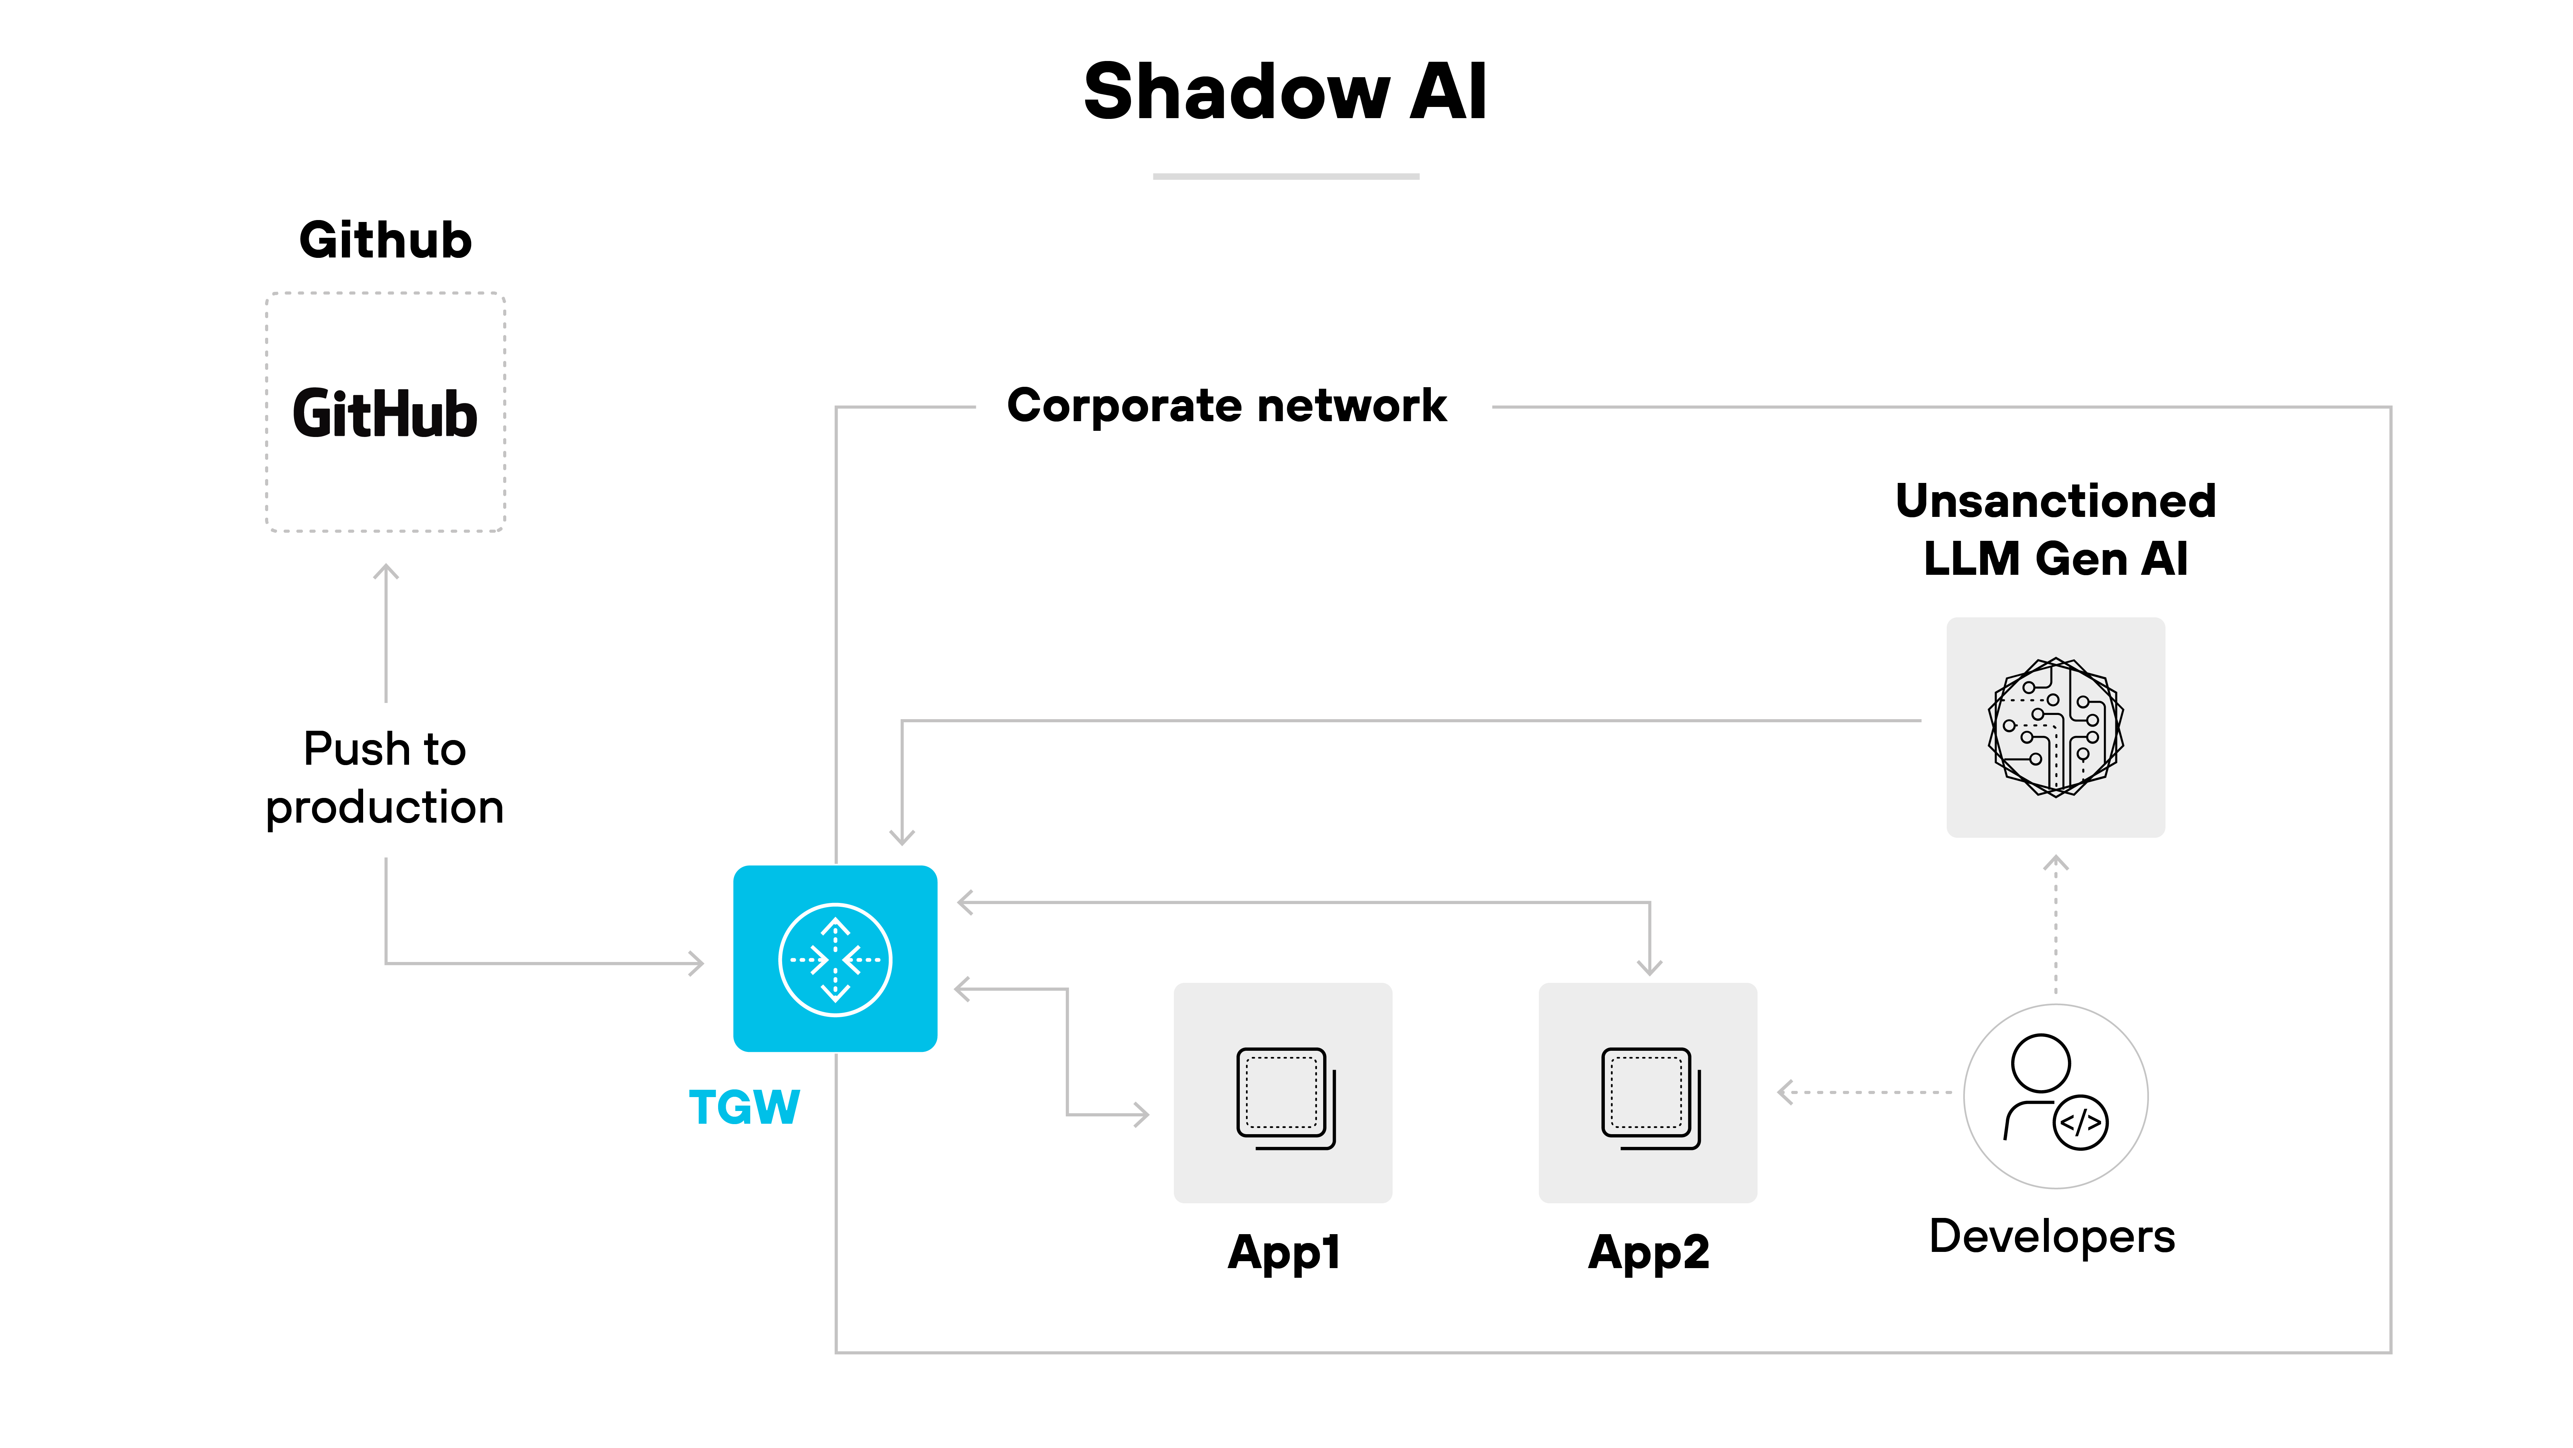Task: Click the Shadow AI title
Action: pyautogui.click(x=1285, y=92)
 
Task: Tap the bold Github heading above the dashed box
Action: pyautogui.click(x=385, y=241)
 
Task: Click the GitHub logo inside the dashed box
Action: pyautogui.click(x=385, y=414)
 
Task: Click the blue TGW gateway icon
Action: pyautogui.click(x=835, y=959)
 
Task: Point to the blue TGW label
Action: pyautogui.click(x=744, y=1107)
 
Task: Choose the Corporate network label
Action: pyautogui.click(x=1227, y=406)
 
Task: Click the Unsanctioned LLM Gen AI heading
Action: pyautogui.click(x=2056, y=530)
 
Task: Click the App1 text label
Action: pyautogui.click(x=1283, y=1252)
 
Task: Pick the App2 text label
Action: pyautogui.click(x=1648, y=1252)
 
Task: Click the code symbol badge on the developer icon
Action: pyautogui.click(x=2081, y=1123)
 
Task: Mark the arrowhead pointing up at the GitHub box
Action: pyautogui.click(x=385, y=572)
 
